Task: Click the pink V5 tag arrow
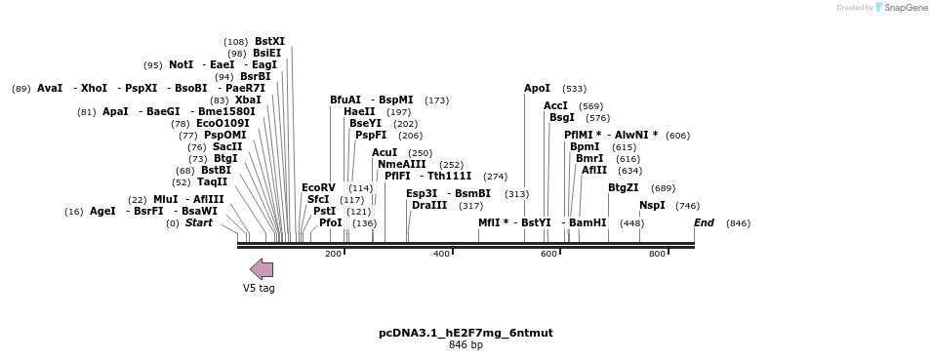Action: pyautogui.click(x=262, y=269)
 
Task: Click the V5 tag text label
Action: pyautogui.click(x=259, y=289)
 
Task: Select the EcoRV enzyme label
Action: pyautogui.click(x=318, y=187)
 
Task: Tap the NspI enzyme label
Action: pyautogui.click(x=652, y=205)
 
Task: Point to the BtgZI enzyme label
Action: pyautogui.click(x=624, y=187)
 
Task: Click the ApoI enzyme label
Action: pyautogui.click(x=537, y=88)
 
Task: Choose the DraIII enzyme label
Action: pyautogui.click(x=429, y=205)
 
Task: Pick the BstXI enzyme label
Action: pyautogui.click(x=269, y=41)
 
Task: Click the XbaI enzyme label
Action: pyautogui.click(x=248, y=100)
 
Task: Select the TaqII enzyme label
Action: pyautogui.click(x=213, y=181)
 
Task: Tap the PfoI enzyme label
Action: pyautogui.click(x=331, y=222)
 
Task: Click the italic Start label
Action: pyautogui.click(x=199, y=222)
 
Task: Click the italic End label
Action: pyautogui.click(x=704, y=222)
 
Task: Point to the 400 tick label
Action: pyautogui.click(x=442, y=254)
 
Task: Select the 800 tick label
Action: pyautogui.click(x=657, y=254)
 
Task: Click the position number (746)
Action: pyautogui.click(x=687, y=206)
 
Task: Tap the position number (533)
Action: pyautogui.click(x=574, y=89)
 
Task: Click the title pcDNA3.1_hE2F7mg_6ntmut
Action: pyautogui.click(x=466, y=333)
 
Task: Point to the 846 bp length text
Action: pyautogui.click(x=466, y=345)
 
